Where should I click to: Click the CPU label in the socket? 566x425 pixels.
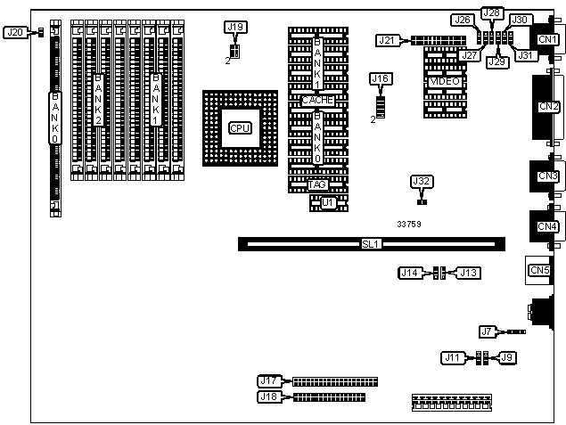239,127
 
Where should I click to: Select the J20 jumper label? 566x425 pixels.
15,33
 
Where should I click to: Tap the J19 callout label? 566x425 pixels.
235,28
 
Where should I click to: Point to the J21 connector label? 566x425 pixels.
386,40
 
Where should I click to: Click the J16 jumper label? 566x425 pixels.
381,79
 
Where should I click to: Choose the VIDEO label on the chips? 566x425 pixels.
445,82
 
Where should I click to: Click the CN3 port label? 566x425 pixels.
548,176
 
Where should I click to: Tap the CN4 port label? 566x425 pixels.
548,226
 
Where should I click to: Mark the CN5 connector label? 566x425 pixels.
539,270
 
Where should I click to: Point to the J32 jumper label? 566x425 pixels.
422,182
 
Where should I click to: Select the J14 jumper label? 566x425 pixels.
410,273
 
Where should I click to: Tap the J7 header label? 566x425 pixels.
487,332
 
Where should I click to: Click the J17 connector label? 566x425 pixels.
268,381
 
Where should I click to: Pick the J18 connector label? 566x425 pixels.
268,396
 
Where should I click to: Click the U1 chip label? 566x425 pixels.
328,203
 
